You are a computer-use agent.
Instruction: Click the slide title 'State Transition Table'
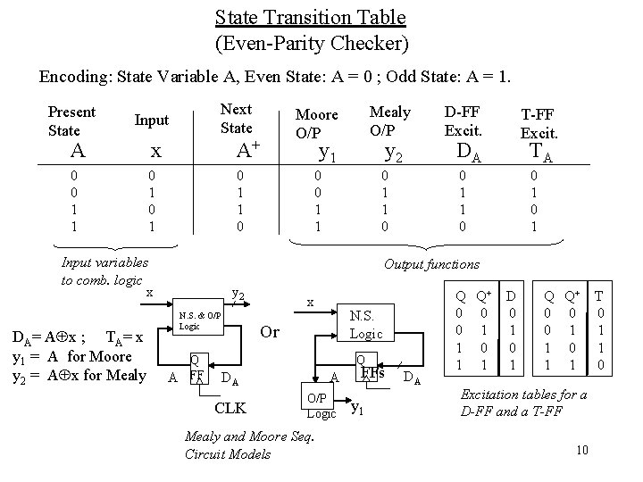click(x=310, y=17)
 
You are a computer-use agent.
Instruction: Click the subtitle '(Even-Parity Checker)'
click(x=310, y=42)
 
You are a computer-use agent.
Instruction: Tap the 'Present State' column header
click(x=71, y=121)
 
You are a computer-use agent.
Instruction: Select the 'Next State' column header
click(x=236, y=117)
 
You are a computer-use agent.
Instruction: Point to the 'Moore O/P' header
click(x=316, y=122)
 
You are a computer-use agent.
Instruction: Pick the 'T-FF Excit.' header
click(x=539, y=123)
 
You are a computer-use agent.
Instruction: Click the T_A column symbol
click(x=539, y=151)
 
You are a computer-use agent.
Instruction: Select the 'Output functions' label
click(x=431, y=264)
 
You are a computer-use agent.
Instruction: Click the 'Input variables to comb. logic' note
click(x=104, y=270)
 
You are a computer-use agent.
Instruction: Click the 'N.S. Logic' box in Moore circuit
click(x=367, y=325)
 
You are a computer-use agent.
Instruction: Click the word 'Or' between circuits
click(x=271, y=332)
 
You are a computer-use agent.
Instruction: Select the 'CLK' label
click(x=230, y=410)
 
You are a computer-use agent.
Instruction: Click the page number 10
click(x=581, y=448)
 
